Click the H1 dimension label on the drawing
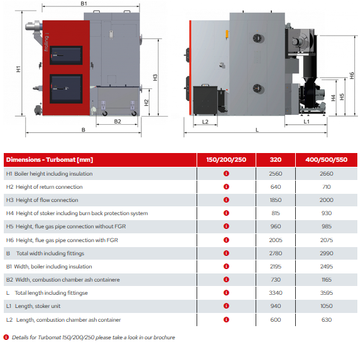[18, 69]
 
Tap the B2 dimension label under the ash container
[117, 122]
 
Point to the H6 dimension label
[352, 76]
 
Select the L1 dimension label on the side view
[306, 122]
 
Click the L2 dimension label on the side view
[205, 122]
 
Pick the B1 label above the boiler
[84, 4]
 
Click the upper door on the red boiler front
[66, 55]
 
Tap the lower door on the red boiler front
[66, 89]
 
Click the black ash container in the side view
[205, 100]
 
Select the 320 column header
[276, 159]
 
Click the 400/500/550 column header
[327, 159]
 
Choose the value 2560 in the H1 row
[276, 174]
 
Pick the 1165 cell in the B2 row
[327, 280]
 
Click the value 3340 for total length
[276, 293]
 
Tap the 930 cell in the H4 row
[327, 213]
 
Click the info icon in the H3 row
[227, 200]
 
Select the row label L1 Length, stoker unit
[33, 306]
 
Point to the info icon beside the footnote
[6, 337]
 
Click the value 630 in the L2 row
[327, 320]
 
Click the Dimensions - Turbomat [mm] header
[50, 160]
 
